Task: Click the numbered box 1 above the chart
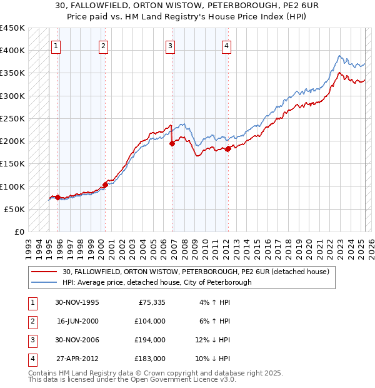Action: click(56, 45)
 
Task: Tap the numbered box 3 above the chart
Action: click(170, 45)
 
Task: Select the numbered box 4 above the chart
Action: click(226, 45)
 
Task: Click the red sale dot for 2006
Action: click(172, 143)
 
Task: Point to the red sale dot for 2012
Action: click(228, 148)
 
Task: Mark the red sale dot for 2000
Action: click(105, 184)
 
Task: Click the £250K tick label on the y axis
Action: click(12, 118)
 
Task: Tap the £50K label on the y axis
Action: click(14, 209)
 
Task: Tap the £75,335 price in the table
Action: click(151, 302)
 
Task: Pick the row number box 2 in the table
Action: click(32, 321)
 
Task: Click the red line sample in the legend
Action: click(44, 272)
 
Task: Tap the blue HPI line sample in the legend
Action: click(44, 282)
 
